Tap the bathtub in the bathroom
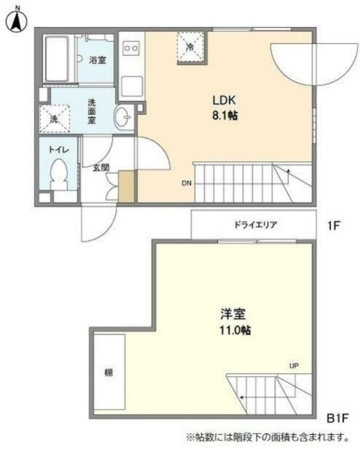coord(58,59)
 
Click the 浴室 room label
coord(98,60)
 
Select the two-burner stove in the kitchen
coord(132,48)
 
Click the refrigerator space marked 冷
coord(191,47)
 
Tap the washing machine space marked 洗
coord(54,119)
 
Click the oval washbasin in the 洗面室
coord(122,117)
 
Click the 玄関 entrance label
coord(101,168)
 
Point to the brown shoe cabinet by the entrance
coord(126,186)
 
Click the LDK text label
coord(224,100)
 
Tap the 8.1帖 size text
coord(225,116)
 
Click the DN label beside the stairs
coord(186,184)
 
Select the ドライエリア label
coord(256,225)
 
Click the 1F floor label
coord(334,226)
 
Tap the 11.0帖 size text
coord(235,331)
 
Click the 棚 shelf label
coord(108,373)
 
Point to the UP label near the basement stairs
coord(294,366)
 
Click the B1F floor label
coord(338,418)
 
